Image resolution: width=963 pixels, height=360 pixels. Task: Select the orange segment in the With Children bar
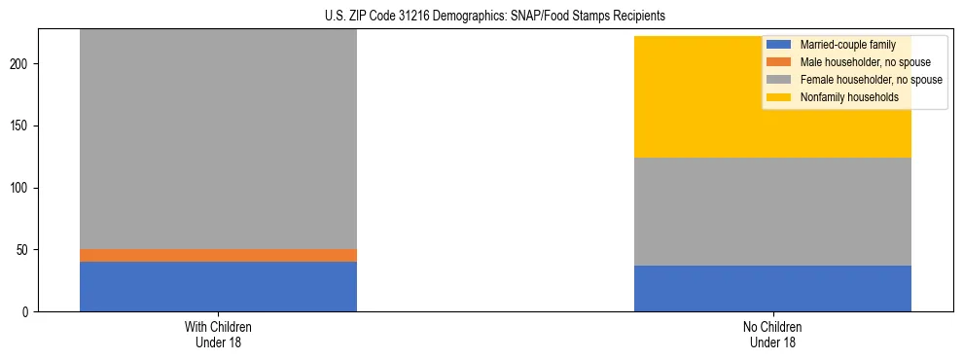(x=218, y=255)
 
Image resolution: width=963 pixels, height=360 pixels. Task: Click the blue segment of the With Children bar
(x=218, y=286)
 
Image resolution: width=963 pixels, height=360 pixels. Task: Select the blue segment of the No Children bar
(x=772, y=288)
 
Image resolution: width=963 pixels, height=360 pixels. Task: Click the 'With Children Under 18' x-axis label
(x=218, y=335)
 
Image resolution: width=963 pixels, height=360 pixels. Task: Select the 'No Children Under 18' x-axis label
(x=772, y=335)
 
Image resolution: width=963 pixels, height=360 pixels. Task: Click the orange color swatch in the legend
(x=779, y=62)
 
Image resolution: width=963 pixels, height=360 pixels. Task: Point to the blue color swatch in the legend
(x=779, y=45)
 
